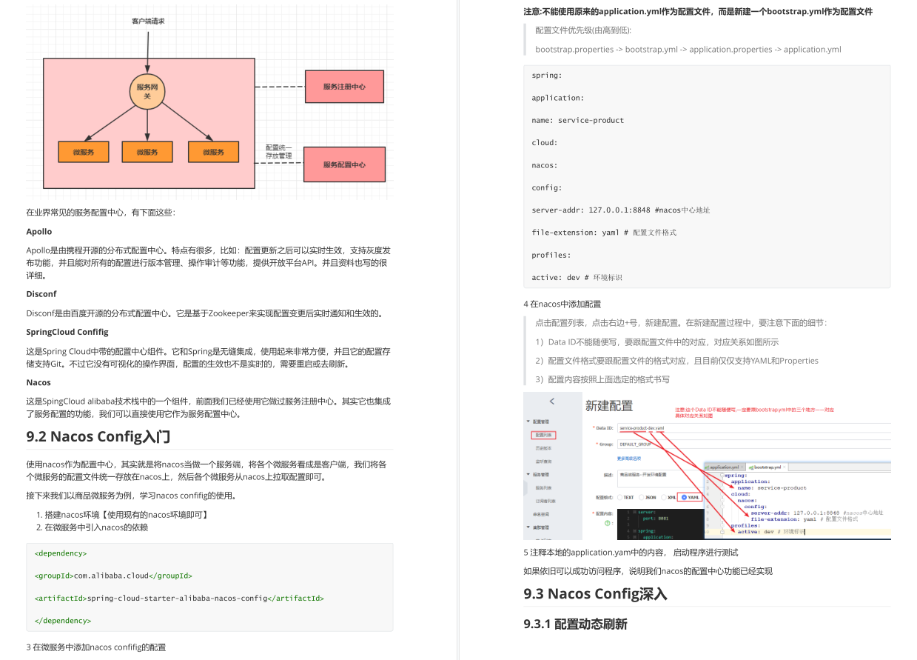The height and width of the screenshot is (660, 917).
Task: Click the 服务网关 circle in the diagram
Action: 147,91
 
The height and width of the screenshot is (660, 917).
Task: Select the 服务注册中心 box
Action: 344,87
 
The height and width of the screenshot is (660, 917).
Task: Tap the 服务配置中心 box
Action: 344,164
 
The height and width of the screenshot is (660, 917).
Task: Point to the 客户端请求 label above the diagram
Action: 148,21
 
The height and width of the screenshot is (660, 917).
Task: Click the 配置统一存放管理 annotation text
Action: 279,152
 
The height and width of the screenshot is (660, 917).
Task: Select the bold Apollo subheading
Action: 39,232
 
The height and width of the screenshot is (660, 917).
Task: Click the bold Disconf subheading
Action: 41,294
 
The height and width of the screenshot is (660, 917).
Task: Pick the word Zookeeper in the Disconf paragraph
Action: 230,313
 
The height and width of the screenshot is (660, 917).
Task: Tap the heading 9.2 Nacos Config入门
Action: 98,436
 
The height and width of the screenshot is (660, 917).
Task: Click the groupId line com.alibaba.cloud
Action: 113,576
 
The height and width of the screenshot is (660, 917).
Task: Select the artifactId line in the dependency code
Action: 179,598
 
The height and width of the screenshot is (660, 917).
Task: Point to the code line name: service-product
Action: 567,120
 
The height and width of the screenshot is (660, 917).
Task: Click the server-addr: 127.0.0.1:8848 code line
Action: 620,210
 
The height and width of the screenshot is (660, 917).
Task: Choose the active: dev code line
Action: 577,277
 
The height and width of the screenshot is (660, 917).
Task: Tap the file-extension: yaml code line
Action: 603,233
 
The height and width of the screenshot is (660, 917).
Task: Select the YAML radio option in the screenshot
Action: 690,497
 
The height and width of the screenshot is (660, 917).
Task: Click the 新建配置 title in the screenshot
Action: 609,405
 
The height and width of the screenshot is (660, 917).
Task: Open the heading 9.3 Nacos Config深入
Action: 595,593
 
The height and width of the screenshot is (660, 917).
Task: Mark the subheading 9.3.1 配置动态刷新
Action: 575,624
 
